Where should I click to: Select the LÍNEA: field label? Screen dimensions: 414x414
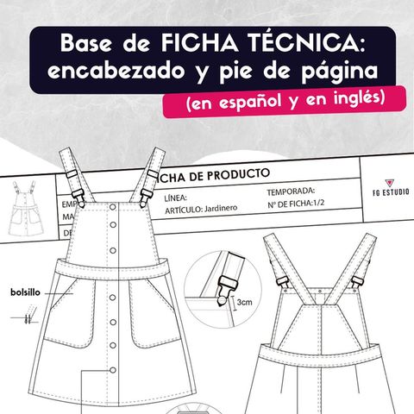[176, 199]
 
